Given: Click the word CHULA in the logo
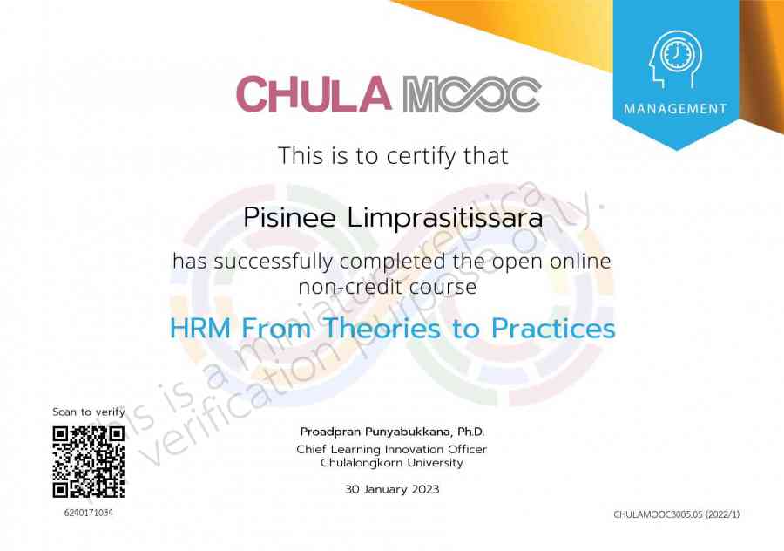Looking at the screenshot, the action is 314,94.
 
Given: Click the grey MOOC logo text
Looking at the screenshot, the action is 471,94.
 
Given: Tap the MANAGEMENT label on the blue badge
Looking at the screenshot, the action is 675,109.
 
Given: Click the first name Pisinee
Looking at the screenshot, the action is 289,218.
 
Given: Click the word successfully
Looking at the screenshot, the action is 273,262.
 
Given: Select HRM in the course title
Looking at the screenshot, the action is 200,329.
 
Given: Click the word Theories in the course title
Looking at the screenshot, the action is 382,329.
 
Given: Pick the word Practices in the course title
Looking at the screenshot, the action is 553,329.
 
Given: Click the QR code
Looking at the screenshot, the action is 89,462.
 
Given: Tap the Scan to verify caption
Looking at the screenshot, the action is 89,412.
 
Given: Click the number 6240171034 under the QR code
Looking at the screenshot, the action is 89,513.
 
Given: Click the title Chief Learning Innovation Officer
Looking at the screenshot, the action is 391,449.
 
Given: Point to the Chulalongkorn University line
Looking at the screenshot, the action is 391,463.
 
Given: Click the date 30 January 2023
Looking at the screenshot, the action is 391,489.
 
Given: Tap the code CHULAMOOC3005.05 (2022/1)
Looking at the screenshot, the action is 677,514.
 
